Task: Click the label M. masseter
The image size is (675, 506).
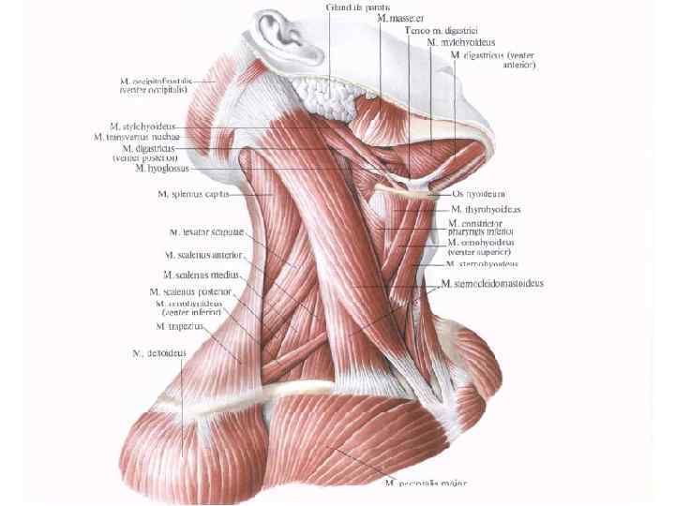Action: pyautogui.click(x=399, y=18)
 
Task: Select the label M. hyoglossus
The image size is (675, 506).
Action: pyautogui.click(x=162, y=169)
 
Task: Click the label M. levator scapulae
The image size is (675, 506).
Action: pyautogui.click(x=206, y=231)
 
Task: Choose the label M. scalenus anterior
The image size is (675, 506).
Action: pyautogui.click(x=203, y=254)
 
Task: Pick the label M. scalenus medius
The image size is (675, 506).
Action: pyautogui.click(x=202, y=275)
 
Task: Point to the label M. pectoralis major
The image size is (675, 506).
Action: pyautogui.click(x=426, y=484)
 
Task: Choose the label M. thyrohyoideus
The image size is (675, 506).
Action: pyautogui.click(x=486, y=209)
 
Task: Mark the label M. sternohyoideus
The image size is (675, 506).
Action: pyautogui.click(x=483, y=265)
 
